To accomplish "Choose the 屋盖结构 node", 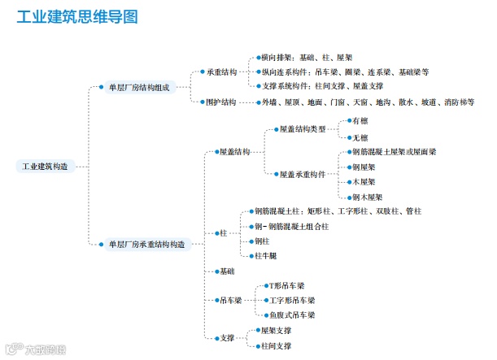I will tap(235, 152).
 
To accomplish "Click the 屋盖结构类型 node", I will tap(302, 129).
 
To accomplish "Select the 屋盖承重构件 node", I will tap(302, 174).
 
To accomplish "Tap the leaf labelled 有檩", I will tap(360, 120).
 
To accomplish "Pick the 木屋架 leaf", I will tap(364, 181).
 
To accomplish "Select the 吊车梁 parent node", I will tap(231, 300).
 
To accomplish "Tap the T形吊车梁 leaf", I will tap(287, 286).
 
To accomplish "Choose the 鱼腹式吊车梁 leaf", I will tap(292, 314).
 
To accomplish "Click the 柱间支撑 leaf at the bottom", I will tap(276, 345).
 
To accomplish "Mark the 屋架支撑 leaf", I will tap(276, 330).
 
